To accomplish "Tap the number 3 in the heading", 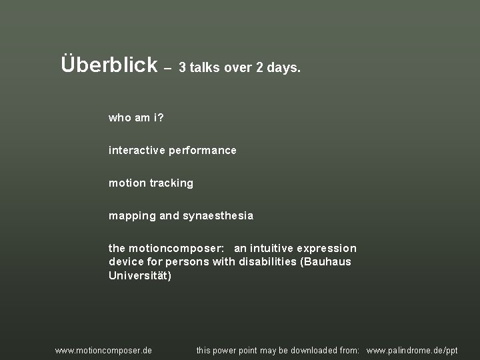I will point(182,68).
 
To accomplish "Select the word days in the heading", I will point(283,68).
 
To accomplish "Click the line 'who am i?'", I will point(136,118).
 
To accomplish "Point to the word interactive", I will point(137,151).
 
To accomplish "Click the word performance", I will point(203,151).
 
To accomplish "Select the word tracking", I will point(172,183).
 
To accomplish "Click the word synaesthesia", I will point(218,216).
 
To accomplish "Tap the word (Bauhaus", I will point(326,262).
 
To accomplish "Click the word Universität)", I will point(140,275).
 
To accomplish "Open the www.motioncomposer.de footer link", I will point(103,351).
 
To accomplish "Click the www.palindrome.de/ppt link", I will point(412,351).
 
